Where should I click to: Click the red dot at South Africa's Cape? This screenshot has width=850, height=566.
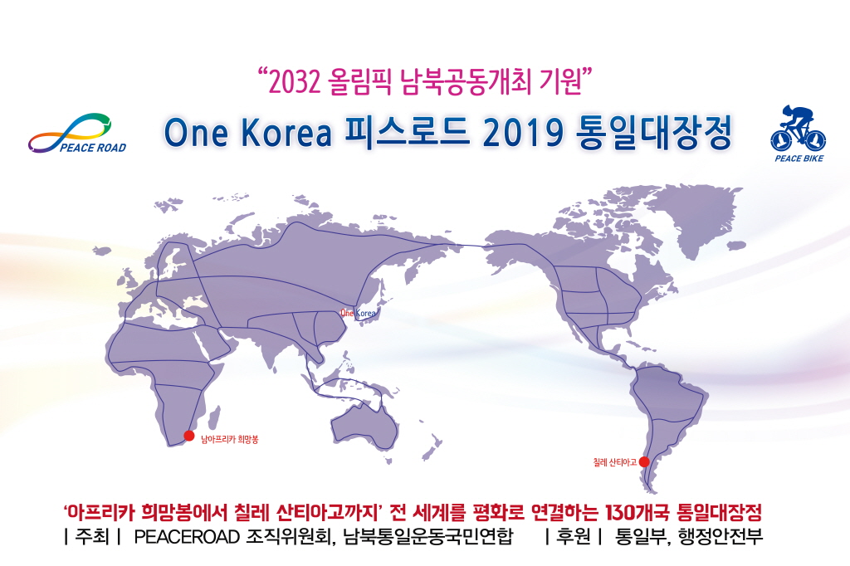click(188, 436)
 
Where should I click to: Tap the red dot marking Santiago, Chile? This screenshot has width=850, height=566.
click(644, 462)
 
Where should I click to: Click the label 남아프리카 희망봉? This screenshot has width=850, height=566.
click(229, 439)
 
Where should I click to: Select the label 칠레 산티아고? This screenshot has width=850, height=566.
click(615, 462)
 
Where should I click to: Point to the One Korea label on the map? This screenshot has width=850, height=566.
click(358, 313)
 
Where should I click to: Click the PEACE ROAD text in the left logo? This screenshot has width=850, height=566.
click(93, 148)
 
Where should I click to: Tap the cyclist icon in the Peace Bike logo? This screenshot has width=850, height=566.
click(798, 128)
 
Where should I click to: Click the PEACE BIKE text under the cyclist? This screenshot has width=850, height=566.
click(799, 159)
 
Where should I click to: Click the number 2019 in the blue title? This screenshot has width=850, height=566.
click(523, 133)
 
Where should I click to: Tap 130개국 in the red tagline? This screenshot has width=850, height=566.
click(637, 512)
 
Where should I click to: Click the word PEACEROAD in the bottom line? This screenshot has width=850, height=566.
click(187, 537)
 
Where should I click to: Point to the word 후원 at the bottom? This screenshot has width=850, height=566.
click(573, 537)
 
